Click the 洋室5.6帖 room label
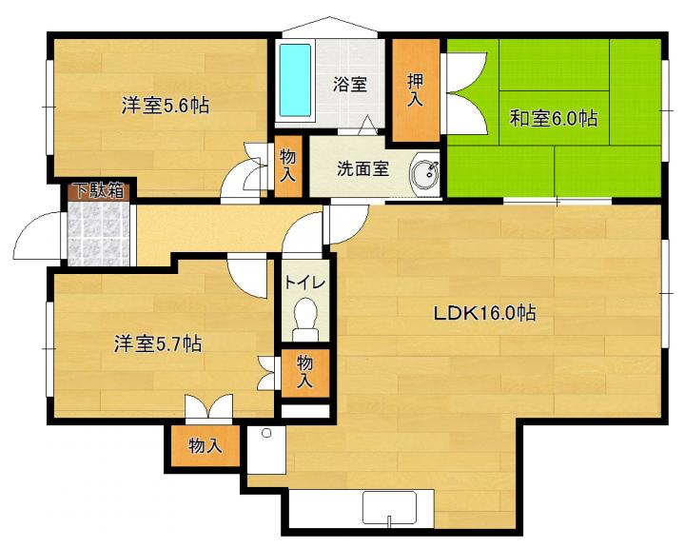coord(166,106)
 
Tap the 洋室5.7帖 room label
coord(158,343)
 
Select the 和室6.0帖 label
coord(554,118)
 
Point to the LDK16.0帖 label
coord(484,313)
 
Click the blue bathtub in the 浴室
coord(295,80)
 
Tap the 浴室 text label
coord(349,84)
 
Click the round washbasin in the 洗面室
coord(424,171)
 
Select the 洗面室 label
coord(362,168)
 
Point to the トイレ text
coord(304,284)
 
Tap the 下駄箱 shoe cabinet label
coord(101,190)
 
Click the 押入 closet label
coord(415,90)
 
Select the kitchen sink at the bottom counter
coord(390,509)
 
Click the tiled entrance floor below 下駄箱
coord(99,233)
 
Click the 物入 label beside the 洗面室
coord(287,166)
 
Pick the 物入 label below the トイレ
coord(304,372)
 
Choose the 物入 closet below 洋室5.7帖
coord(205,446)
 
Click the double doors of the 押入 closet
coord(465,93)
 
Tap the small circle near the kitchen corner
coord(266,434)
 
